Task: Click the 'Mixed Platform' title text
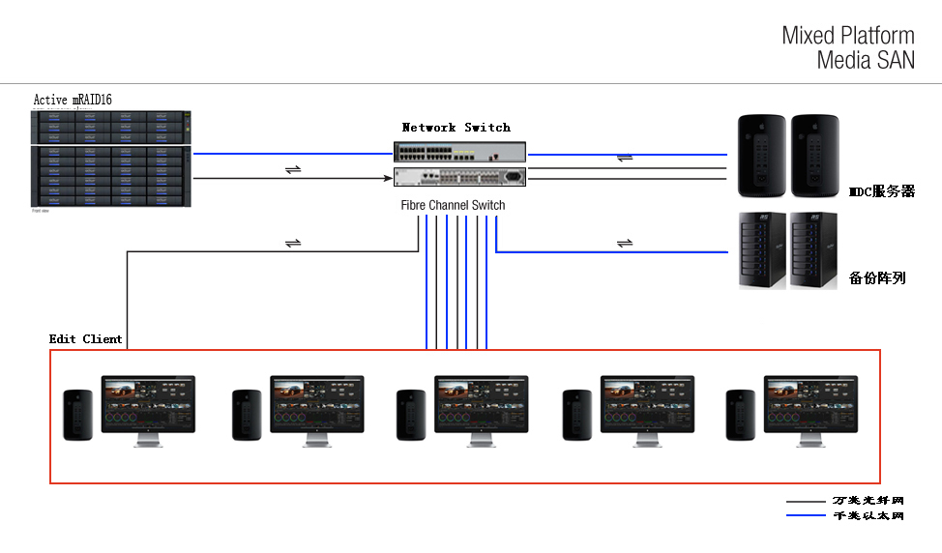click(x=847, y=36)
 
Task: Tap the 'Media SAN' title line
click(x=865, y=60)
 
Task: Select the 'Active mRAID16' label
click(x=73, y=100)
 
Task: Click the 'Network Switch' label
click(x=456, y=128)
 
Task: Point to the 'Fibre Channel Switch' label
click(x=453, y=205)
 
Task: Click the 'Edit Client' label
click(x=86, y=339)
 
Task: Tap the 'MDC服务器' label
click(x=881, y=191)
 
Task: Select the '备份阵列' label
click(x=877, y=277)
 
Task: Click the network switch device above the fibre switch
click(x=460, y=153)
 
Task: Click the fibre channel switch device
click(x=460, y=177)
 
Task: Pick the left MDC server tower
click(x=761, y=155)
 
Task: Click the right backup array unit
click(x=813, y=250)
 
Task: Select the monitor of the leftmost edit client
click(x=149, y=406)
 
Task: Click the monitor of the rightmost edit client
click(x=811, y=406)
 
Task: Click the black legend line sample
click(x=806, y=502)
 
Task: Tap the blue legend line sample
click(x=806, y=516)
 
